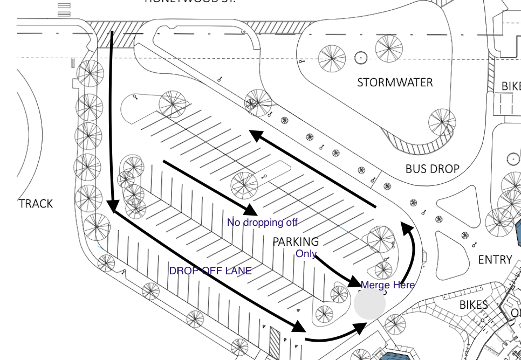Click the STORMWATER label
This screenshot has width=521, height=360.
click(x=395, y=82)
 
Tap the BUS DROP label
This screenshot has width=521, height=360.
click(x=432, y=169)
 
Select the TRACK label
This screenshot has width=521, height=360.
click(x=36, y=204)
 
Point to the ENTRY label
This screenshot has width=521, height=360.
click(x=495, y=260)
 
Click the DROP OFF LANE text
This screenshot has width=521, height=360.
click(x=210, y=271)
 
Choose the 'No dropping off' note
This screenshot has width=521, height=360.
click(x=262, y=222)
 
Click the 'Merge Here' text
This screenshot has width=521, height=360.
click(x=387, y=285)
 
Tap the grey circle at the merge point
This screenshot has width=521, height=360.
click(x=370, y=303)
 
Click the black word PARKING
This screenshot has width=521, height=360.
click(x=296, y=241)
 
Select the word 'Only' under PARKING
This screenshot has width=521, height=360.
click(x=306, y=254)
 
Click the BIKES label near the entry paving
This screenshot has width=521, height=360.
click(x=473, y=304)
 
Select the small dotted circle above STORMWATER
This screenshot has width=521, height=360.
click(x=360, y=57)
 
